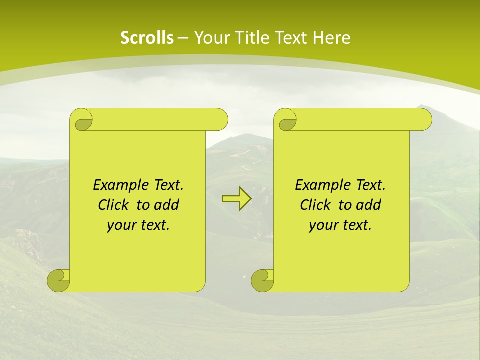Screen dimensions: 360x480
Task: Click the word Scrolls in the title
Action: [147, 38]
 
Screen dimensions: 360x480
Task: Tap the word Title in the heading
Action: [250, 38]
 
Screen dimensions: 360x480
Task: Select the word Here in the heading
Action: [332, 38]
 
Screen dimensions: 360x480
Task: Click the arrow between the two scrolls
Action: [236, 199]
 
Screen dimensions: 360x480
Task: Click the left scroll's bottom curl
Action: [59, 280]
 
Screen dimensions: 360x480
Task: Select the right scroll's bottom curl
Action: [263, 280]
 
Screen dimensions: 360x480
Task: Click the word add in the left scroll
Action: [167, 205]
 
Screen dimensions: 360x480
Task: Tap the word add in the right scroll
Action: [369, 205]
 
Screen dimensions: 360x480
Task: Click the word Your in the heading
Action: [209, 38]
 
